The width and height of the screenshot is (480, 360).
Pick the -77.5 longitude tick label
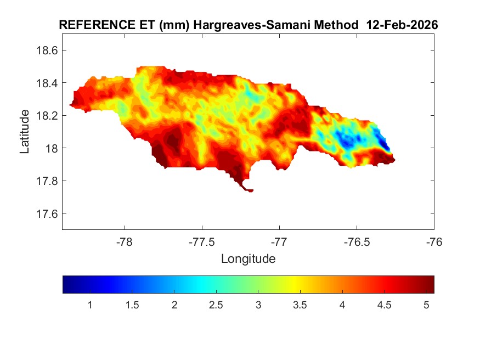202,242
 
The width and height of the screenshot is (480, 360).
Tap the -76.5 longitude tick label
357,242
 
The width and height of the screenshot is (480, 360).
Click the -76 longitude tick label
434,242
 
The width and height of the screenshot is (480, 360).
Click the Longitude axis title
248,258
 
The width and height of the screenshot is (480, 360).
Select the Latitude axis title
25,131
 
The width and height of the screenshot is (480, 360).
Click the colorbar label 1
90,305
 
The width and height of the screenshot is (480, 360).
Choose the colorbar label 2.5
216,305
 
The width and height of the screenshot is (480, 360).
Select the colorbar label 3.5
300,305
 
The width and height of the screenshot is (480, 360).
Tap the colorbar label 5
426,305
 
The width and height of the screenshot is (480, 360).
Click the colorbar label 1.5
132,305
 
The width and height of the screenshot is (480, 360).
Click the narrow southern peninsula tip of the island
249,190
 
